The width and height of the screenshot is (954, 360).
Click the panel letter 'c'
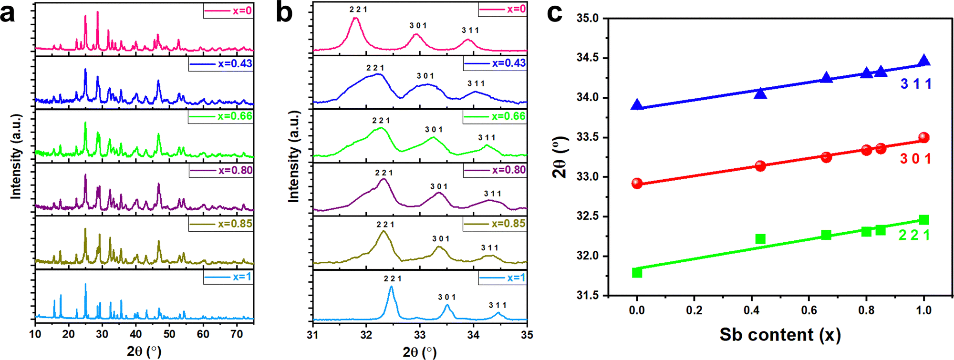pos(554,13)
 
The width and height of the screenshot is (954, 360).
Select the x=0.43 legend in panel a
pos(221,64)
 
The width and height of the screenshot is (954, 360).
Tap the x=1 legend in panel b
pos(503,278)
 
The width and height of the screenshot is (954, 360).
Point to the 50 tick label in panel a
pos(169,334)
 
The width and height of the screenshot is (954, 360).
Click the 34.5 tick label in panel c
pos(588,58)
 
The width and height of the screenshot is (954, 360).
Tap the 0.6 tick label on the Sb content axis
pos(809,310)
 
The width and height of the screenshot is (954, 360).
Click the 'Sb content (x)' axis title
pos(780,335)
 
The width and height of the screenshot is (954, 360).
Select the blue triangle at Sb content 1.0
pos(924,61)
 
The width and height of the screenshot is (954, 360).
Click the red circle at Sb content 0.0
pos(637,184)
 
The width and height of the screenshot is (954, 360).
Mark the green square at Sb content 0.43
pos(760,239)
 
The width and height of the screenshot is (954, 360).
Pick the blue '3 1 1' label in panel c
pos(916,84)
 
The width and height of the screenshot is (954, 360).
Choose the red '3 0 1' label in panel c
pos(915,159)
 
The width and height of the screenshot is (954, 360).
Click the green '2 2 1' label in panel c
pos(914,235)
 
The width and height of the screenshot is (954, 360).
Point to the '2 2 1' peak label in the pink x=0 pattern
pos(358,10)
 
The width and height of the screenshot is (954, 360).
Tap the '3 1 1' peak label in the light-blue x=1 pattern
pos(498,305)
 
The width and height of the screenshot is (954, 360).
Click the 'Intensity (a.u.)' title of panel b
pos(294,156)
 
